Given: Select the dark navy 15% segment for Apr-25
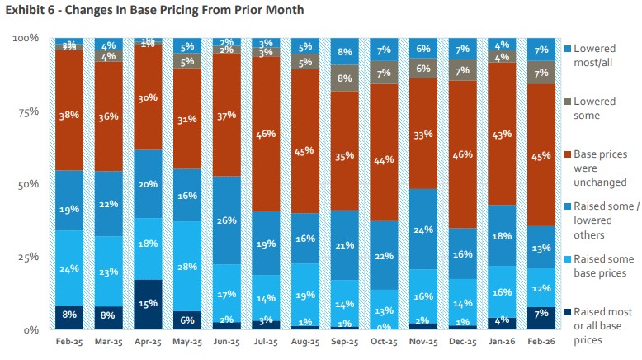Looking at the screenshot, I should [148, 304].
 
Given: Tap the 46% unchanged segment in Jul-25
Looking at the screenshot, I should [265, 134].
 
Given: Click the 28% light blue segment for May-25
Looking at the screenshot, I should [186, 267].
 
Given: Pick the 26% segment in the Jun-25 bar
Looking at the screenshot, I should [226, 220].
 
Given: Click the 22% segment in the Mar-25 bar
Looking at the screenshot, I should [109, 204].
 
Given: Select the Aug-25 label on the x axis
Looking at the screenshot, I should [304, 341].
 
